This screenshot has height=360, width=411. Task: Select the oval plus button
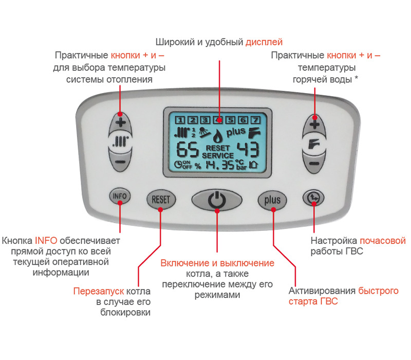(272, 200)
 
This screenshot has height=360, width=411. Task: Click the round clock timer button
(313, 196)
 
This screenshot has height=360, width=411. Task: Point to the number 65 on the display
(186, 151)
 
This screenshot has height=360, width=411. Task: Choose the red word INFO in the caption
(45, 240)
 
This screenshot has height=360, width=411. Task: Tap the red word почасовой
(382, 240)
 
